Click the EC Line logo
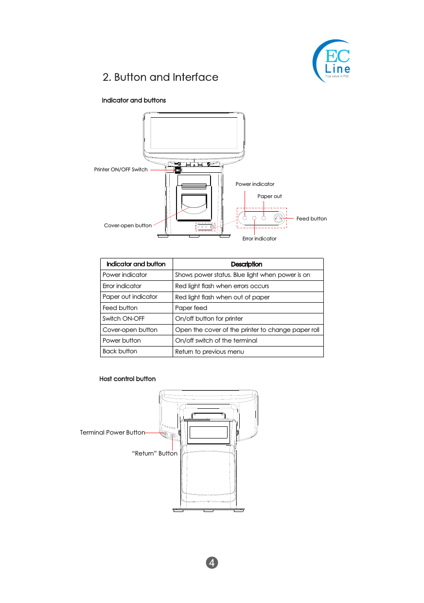coord(332,62)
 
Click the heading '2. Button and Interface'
coord(160,77)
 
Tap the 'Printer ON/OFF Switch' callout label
coord(121,170)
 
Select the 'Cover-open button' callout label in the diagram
coord(128,225)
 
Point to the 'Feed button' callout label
coord(312,219)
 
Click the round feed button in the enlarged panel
coord(278,219)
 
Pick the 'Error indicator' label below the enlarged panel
coord(259,238)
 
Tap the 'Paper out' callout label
coord(269,196)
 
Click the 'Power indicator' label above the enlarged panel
coord(255,184)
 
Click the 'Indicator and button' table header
coord(136,264)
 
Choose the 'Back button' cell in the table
coord(120,351)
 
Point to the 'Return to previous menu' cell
coord(210,351)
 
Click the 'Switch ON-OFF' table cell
coord(124,319)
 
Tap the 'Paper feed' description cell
coord(191,308)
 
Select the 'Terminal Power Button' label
coord(112,432)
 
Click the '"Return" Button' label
coord(155,454)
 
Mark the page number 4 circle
coord(212,563)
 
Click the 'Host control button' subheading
coord(127,379)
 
